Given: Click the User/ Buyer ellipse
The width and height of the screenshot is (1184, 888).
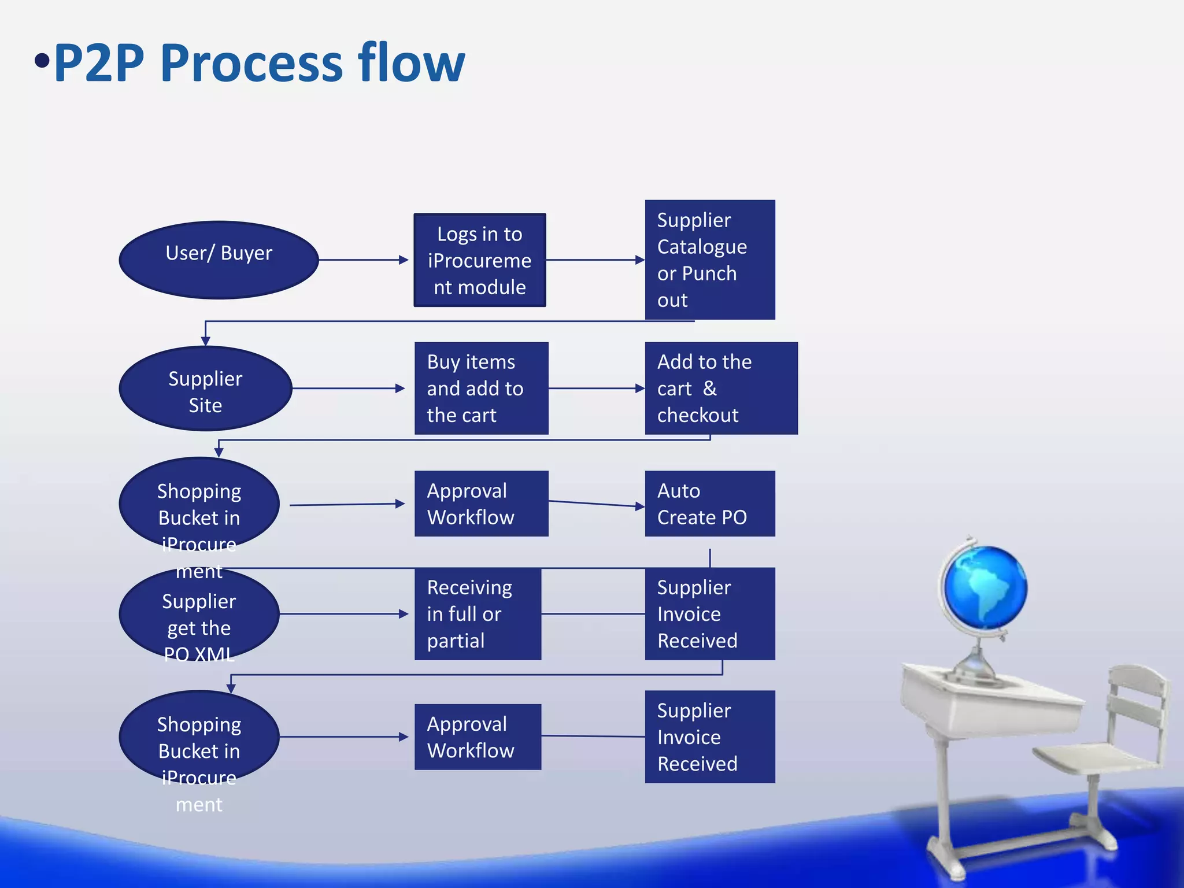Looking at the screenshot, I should click(219, 260).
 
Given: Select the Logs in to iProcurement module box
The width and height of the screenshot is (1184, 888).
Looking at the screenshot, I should click(479, 260).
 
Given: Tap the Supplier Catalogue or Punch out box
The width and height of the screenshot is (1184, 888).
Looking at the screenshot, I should click(709, 260).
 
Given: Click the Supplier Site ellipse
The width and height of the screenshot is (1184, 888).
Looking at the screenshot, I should click(205, 388).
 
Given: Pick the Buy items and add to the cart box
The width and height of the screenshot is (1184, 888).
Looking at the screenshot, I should click(481, 388).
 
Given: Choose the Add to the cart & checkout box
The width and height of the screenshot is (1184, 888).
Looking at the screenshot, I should click(721, 388).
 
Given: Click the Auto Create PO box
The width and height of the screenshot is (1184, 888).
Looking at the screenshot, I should click(709, 504).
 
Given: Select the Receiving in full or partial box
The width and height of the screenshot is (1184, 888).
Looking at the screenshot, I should click(478, 614).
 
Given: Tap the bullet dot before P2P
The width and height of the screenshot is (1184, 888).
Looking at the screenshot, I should click(42, 60).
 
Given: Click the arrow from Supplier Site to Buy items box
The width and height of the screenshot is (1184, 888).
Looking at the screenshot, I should click(347, 388).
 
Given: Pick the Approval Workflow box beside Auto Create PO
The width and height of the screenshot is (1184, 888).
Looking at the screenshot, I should click(481, 504).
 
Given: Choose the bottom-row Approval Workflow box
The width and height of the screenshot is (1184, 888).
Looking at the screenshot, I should click(478, 737).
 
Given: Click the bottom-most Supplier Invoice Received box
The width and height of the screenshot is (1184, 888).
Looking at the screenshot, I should click(709, 737).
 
